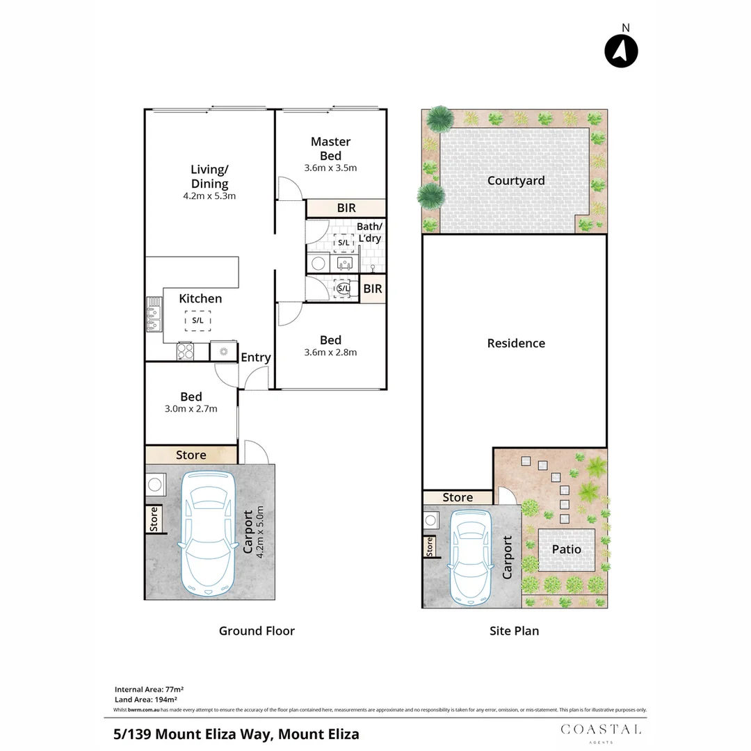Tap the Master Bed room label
point(330,149)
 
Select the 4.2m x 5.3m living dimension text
point(209,195)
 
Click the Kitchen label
point(200,298)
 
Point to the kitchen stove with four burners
point(185,351)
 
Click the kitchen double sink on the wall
point(154,315)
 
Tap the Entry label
point(255,357)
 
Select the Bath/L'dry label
point(369,232)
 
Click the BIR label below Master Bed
point(346,208)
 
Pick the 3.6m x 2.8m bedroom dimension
point(330,352)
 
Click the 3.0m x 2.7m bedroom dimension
point(191,409)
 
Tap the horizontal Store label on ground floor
point(191,455)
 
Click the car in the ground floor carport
point(206,532)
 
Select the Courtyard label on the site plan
point(516,181)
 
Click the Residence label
point(516,343)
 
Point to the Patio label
point(566,549)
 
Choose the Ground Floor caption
point(257,631)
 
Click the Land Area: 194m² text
point(145,699)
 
